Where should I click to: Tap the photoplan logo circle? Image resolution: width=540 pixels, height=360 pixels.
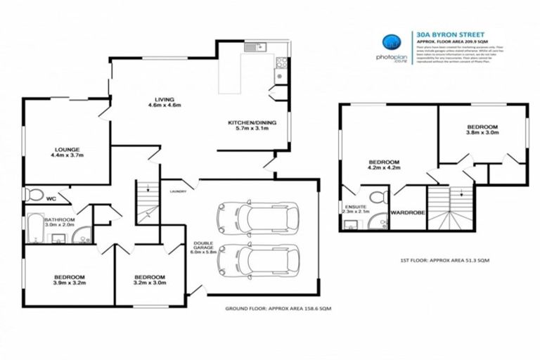point(389,42)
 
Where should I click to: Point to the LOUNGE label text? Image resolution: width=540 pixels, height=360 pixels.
point(67,153)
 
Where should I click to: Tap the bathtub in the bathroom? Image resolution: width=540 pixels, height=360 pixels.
point(34,231)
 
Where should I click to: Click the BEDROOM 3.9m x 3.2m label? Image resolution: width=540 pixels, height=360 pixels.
point(69,281)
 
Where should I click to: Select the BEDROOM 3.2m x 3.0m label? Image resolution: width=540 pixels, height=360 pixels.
point(150,281)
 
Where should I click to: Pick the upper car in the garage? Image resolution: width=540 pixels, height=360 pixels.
point(257,218)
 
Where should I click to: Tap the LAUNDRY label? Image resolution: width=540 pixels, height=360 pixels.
point(176,191)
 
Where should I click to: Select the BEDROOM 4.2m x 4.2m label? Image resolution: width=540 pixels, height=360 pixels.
point(384,165)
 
